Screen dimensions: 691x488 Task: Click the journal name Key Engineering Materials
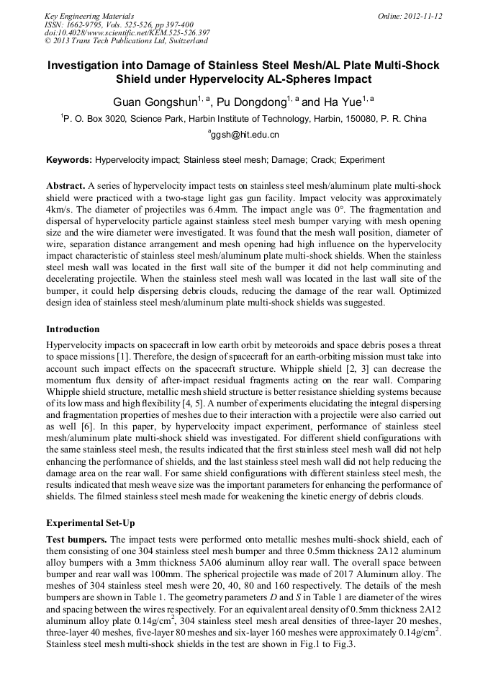[89, 15]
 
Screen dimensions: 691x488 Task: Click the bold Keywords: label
[69, 159]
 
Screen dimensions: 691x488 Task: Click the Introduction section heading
[73, 329]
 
